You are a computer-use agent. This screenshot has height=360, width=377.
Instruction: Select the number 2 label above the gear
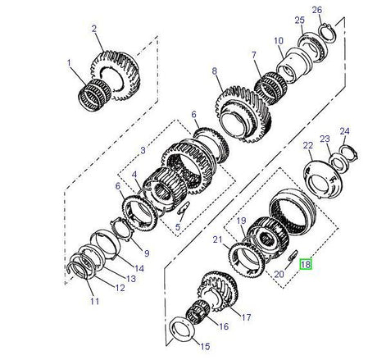click(x=95, y=29)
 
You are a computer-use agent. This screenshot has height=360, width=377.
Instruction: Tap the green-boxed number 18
click(x=305, y=265)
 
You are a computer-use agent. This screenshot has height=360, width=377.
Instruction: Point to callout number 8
click(x=215, y=72)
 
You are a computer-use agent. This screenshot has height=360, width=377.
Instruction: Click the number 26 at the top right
click(x=318, y=10)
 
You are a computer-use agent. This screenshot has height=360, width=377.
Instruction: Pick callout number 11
click(x=93, y=302)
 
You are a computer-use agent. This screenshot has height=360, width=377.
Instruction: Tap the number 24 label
click(x=344, y=131)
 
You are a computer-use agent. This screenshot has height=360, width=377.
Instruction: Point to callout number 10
click(x=279, y=40)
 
